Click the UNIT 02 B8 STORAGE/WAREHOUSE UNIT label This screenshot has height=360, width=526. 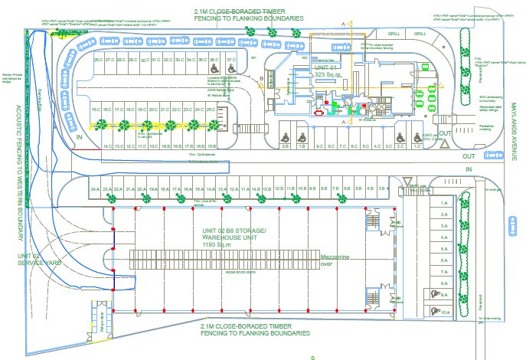click(x=234, y=238)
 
